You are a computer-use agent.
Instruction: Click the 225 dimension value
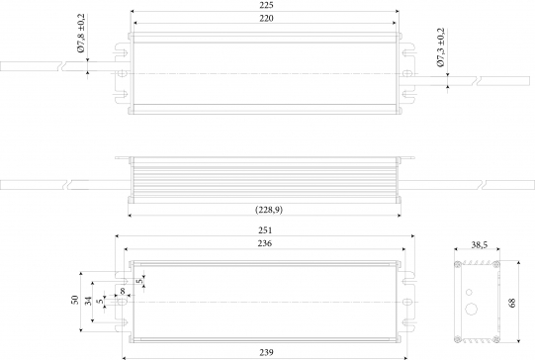(266, 5)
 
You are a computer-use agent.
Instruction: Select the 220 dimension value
(266, 18)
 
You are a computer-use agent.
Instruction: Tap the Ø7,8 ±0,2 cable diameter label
(81, 34)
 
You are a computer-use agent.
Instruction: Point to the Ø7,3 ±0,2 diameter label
(441, 47)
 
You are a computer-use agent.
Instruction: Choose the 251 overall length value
(265, 230)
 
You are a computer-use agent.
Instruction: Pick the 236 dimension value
(265, 243)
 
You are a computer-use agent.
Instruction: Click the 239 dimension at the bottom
(266, 352)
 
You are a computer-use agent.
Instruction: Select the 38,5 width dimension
(480, 244)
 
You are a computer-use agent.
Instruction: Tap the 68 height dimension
(512, 303)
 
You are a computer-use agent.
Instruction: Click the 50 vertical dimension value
(75, 300)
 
